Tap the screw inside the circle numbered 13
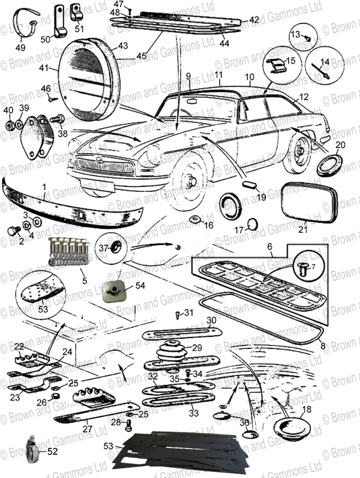click(x=306, y=38)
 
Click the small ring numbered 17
click(x=253, y=224)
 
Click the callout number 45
click(x=141, y=56)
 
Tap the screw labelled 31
click(x=178, y=314)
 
